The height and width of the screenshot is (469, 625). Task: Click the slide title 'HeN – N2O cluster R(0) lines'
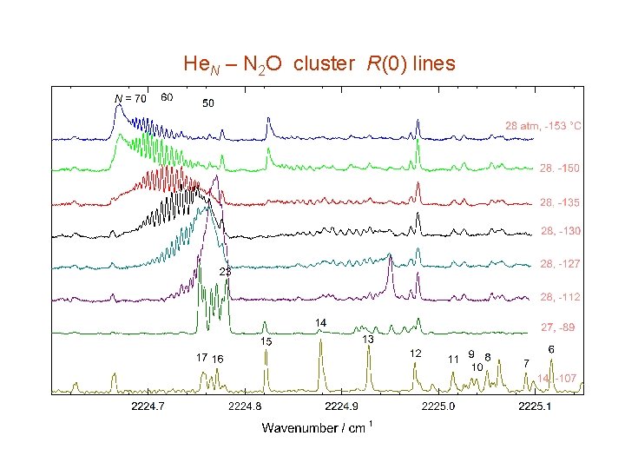tap(319, 64)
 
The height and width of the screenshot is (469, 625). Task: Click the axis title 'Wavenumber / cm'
tap(314, 427)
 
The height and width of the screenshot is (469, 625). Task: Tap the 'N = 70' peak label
tap(131, 98)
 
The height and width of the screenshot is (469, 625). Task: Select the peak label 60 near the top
tap(167, 96)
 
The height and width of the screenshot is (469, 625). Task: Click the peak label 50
tap(208, 103)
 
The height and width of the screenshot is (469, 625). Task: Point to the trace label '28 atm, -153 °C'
tap(543, 126)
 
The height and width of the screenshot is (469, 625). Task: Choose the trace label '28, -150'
tap(560, 167)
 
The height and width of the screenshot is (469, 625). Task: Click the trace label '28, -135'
tap(560, 202)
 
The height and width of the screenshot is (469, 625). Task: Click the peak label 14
tap(320, 323)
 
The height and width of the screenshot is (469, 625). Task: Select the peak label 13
tap(368, 339)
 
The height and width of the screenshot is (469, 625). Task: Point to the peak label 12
tap(416, 353)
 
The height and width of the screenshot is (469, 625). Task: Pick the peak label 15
tap(266, 342)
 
